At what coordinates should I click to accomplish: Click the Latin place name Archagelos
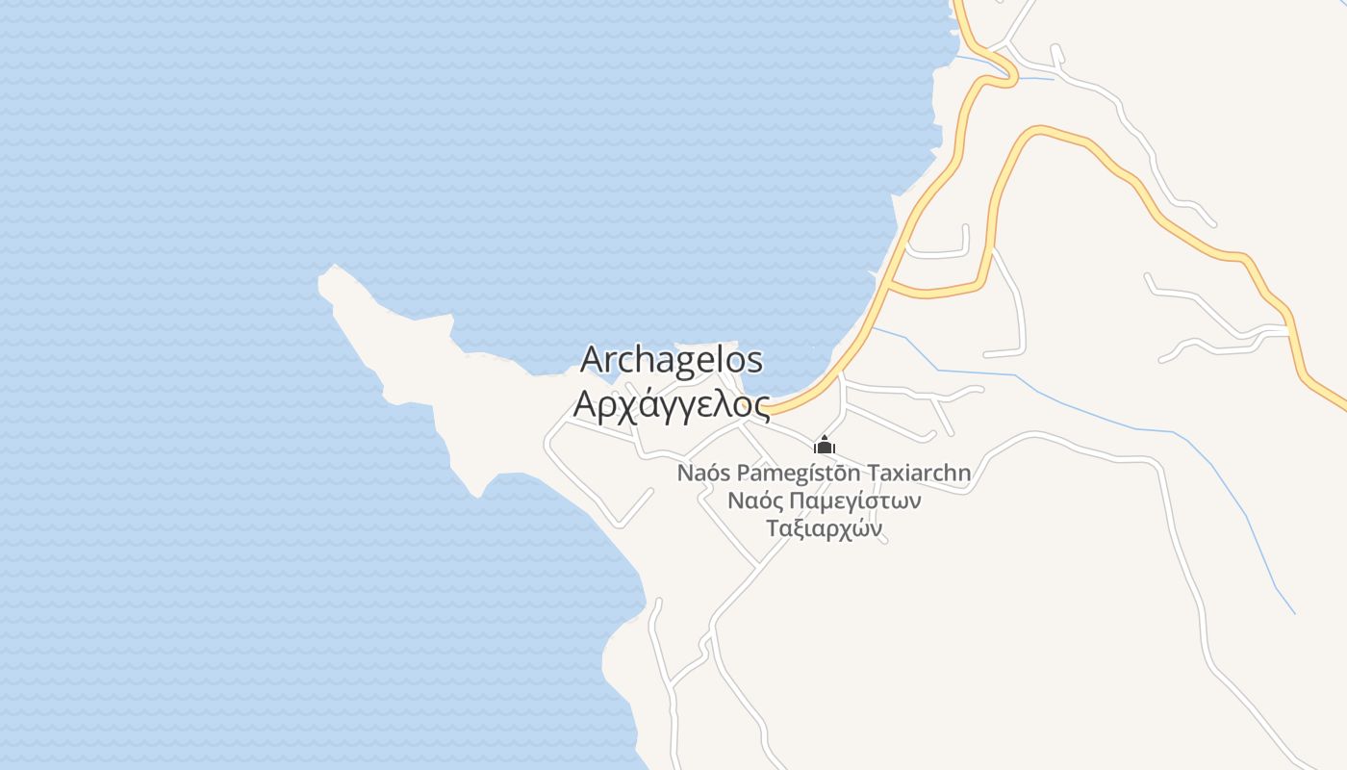click(672, 361)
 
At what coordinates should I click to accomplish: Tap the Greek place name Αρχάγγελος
click(672, 404)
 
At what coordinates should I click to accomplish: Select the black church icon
click(825, 446)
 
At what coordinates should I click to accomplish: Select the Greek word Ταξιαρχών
click(825, 529)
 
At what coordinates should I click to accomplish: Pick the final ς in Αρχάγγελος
click(760, 407)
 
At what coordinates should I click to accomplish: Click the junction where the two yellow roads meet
click(890, 285)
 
